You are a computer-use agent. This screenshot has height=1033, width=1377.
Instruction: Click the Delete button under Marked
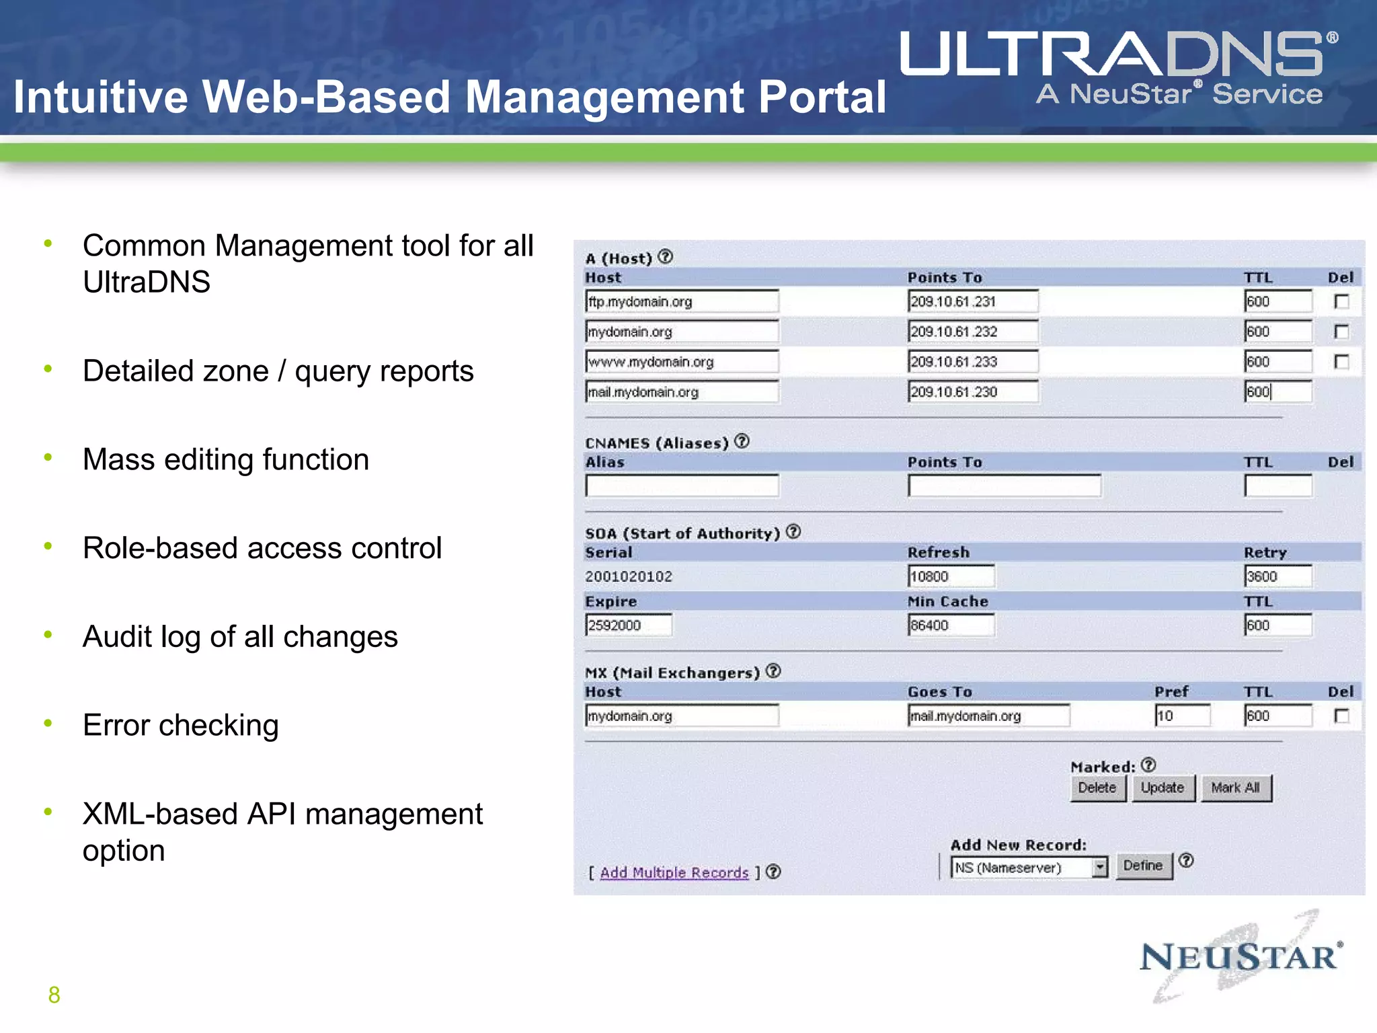coord(1097,788)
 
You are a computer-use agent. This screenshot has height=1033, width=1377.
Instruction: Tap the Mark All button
coord(1235,788)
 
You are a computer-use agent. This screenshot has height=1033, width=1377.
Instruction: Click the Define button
coord(1143,866)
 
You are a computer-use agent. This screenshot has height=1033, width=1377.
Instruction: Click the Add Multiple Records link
coord(674,872)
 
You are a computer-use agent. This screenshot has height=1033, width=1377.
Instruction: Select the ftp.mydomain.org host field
coord(681,301)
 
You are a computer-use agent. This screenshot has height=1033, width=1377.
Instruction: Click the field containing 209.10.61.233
coord(972,362)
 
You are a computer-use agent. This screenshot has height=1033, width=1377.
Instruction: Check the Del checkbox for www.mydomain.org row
coord(1341,362)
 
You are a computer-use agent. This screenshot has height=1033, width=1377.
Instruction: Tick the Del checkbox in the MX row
coord(1341,716)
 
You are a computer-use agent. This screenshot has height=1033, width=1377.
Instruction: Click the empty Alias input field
coord(681,486)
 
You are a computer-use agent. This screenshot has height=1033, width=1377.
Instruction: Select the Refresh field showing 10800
coord(950,576)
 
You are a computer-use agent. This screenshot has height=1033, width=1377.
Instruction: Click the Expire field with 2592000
coord(628,625)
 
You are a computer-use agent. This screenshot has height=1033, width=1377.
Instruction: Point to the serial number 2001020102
coord(628,576)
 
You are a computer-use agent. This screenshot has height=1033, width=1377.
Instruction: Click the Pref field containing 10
coord(1182,716)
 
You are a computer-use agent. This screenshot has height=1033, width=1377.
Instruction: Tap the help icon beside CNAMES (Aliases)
coord(742,441)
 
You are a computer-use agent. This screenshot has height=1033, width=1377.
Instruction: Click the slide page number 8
coord(54,995)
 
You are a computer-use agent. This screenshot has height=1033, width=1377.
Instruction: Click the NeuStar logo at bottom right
coord(1241,956)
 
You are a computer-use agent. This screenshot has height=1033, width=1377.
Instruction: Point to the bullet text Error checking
coord(180,725)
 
